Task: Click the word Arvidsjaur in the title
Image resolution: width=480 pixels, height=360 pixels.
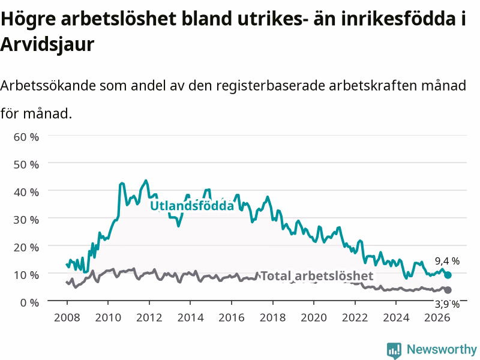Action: [x=47, y=44]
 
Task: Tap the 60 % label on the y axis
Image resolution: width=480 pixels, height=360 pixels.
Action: [x=26, y=137]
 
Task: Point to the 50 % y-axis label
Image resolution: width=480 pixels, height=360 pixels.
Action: [x=26, y=164]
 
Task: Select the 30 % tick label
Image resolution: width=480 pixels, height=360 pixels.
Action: [x=26, y=220]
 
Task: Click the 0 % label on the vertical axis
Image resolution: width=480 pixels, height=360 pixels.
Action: [x=29, y=302]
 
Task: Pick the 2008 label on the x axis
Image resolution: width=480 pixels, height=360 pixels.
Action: [x=67, y=317]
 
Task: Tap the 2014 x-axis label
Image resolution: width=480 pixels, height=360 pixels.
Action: [x=190, y=317]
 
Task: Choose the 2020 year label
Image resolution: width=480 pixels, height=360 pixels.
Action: [x=314, y=317]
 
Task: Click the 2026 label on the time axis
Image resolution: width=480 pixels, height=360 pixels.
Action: [x=437, y=317]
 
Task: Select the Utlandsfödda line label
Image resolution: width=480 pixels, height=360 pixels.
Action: [x=192, y=206]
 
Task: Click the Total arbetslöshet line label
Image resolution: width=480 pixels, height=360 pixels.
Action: [x=317, y=276]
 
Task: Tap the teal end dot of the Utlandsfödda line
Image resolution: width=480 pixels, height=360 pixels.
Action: [x=448, y=275]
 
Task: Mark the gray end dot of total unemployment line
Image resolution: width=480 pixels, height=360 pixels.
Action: [x=448, y=290]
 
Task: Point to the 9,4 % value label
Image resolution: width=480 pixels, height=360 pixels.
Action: [x=447, y=261]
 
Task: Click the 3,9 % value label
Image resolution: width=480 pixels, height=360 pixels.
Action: [x=447, y=304]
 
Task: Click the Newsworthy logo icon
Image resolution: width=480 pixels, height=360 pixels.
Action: [x=394, y=350]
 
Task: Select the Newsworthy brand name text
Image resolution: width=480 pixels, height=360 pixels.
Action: [x=442, y=349]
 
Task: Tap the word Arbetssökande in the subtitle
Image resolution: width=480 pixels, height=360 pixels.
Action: [x=48, y=85]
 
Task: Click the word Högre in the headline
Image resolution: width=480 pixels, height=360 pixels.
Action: [x=28, y=19]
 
